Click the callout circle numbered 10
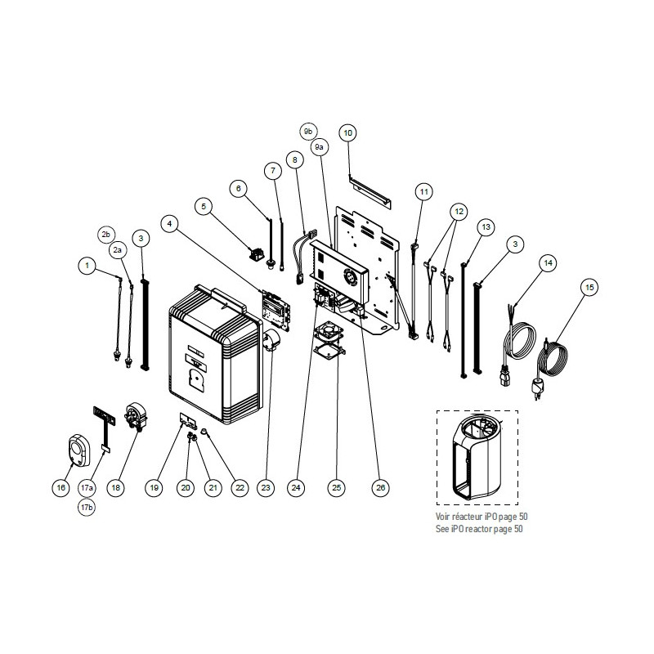coord(348,133)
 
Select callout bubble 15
coord(589,288)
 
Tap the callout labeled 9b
coord(308,132)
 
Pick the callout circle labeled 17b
coord(87,507)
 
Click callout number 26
coord(380,487)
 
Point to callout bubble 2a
coord(118,250)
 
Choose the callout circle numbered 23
coord(266,487)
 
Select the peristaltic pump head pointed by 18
coord(137,415)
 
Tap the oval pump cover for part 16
coord(79,450)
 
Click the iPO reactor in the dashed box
coord(477,458)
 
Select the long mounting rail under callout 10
coord(370,192)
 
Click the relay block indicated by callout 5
coord(258,253)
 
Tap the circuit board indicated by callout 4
coord(275,310)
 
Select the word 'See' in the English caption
coord(442,529)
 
